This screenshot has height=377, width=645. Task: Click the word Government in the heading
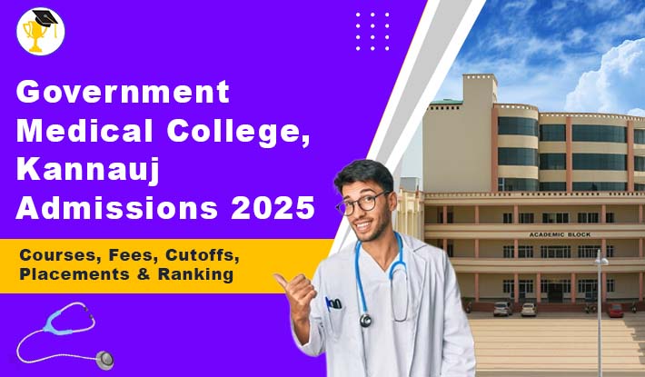click(123, 92)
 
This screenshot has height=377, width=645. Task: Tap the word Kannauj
click(87, 170)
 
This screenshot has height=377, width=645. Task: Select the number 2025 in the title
click(273, 208)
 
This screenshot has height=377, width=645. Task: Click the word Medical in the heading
click(84, 130)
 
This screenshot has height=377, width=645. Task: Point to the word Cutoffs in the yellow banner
click(203, 255)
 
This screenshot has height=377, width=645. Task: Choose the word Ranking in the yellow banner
click(196, 274)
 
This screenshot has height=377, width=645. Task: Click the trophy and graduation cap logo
click(41, 31)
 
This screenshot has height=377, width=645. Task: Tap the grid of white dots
click(372, 31)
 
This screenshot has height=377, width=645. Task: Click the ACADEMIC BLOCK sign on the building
click(560, 234)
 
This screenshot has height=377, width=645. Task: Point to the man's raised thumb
click(283, 281)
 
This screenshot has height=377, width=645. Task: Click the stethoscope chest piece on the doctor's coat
click(365, 320)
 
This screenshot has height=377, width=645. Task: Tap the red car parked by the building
click(615, 311)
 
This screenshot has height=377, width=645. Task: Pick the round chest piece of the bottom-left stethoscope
click(104, 360)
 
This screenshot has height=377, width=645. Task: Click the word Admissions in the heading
click(117, 208)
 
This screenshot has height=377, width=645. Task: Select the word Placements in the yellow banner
click(74, 274)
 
